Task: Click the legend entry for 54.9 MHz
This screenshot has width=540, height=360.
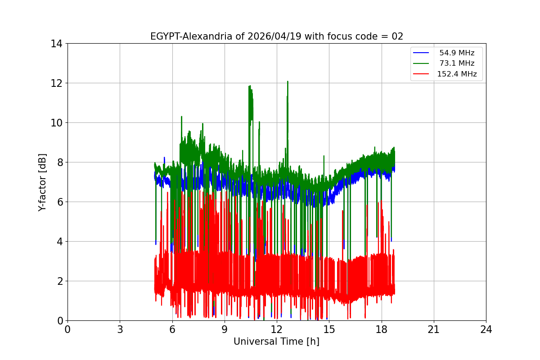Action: click(x=457, y=53)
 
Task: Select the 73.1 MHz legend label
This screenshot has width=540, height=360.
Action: click(x=457, y=63)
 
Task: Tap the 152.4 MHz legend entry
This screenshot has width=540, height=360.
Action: click(x=457, y=74)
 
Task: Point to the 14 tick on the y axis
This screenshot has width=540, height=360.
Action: click(x=57, y=44)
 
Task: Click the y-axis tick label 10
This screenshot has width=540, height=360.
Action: click(x=57, y=123)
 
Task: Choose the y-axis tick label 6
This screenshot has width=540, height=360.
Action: click(x=59, y=202)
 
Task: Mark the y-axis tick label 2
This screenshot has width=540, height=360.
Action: click(x=59, y=281)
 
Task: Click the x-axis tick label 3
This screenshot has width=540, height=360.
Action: click(x=120, y=329)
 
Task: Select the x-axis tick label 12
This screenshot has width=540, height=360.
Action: click(x=277, y=329)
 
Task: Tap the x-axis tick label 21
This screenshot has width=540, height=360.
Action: click(x=434, y=329)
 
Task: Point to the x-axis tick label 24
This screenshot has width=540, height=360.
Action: click(x=486, y=329)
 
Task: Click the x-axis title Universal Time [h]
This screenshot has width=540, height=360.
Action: click(x=276, y=342)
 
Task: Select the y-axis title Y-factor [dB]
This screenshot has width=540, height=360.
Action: click(x=42, y=182)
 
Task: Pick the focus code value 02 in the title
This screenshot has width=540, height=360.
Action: click(x=397, y=36)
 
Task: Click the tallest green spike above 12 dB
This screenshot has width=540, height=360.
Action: click(x=287, y=81)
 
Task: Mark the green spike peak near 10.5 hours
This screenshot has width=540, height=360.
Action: click(x=249, y=86)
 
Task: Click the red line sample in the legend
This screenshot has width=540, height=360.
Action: click(x=421, y=74)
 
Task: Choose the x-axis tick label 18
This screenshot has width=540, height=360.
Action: click(x=382, y=329)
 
